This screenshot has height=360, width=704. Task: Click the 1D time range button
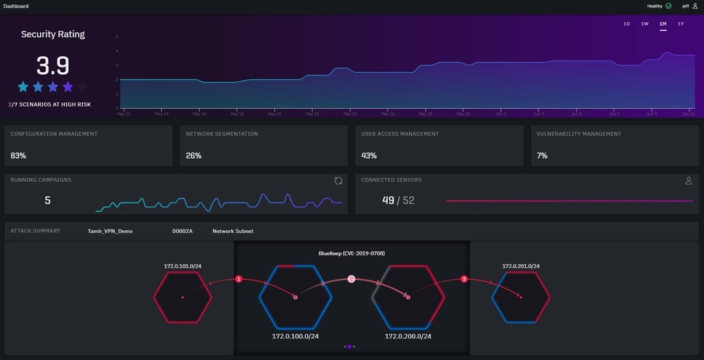(626, 24)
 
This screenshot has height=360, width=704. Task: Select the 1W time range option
(644, 24)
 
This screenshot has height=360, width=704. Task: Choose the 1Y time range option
(681, 24)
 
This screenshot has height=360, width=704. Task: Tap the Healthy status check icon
(668, 5)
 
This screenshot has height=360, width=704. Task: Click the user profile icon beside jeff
(695, 5)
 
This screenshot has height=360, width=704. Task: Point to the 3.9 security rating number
(53, 65)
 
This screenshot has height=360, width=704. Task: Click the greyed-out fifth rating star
(82, 87)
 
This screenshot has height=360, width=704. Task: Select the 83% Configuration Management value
(18, 156)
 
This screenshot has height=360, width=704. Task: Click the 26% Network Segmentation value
(193, 156)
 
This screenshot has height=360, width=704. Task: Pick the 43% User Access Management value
(369, 156)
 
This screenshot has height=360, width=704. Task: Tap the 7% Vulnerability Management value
(542, 156)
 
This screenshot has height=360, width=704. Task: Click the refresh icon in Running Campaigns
(338, 181)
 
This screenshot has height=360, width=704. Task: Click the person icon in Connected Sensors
(688, 181)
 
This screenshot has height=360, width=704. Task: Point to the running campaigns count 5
(47, 201)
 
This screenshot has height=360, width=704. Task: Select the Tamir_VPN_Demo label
(110, 232)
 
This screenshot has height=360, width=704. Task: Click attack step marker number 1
(239, 279)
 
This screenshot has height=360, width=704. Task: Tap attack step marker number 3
(464, 279)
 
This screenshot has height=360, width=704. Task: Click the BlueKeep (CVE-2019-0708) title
(351, 254)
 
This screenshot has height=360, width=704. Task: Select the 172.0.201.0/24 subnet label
(520, 266)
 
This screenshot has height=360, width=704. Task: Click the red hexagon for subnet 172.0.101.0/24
(182, 297)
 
